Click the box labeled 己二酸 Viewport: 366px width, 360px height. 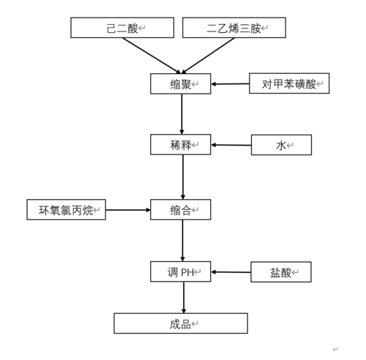pyautogui.click(x=122, y=28)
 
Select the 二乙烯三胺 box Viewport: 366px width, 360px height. pyautogui.click(x=234, y=28)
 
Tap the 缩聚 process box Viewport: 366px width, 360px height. pyautogui.click(x=180, y=83)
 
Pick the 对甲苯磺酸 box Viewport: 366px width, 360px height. pyautogui.click(x=288, y=83)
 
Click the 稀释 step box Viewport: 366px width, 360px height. pyautogui.click(x=180, y=144)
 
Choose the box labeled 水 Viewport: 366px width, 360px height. pyautogui.click(x=281, y=145)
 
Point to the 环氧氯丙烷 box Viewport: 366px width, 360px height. pyautogui.click(x=66, y=210)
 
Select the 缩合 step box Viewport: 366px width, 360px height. pyautogui.click(x=180, y=210)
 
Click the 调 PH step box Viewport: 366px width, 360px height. pyautogui.click(x=180, y=271)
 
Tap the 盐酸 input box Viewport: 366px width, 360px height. pyautogui.click(x=280, y=272)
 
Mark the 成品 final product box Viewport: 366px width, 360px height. pyautogui.click(x=180, y=323)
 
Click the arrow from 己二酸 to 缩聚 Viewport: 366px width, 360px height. pyautogui.click(x=151, y=56)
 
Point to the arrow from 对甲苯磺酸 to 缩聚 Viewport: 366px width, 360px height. pyautogui.click(x=230, y=84)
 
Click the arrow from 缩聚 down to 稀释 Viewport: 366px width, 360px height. pyautogui.click(x=182, y=114)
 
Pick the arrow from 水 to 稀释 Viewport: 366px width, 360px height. pyautogui.click(x=231, y=145)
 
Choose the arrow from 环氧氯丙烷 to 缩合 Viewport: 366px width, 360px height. pyautogui.click(x=128, y=210)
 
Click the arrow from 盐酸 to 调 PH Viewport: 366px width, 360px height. pyautogui.click(x=231, y=272)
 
